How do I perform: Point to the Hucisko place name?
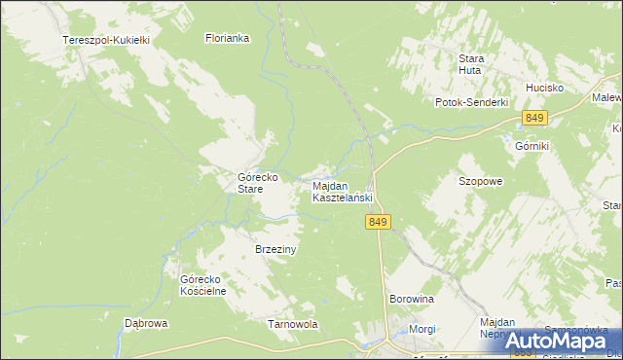pos(545,88)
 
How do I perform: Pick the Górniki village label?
pos(532,145)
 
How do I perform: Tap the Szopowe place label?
pos(480,181)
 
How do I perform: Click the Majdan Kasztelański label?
pos(342,192)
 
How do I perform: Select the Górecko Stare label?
pos(259,183)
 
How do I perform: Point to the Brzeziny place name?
pos(275,249)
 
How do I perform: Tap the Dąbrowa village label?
pos(147,323)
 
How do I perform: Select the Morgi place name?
pos(422,329)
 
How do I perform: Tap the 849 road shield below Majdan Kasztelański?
pos(380,223)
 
